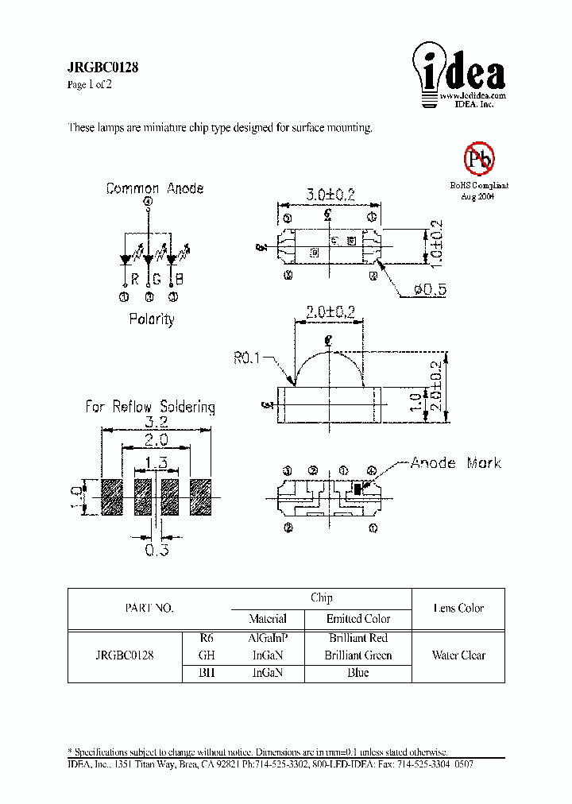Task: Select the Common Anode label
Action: (155, 189)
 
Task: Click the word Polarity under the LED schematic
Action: (151, 319)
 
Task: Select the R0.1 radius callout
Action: (248, 358)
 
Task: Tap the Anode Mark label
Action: (455, 462)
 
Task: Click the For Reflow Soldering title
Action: (150, 407)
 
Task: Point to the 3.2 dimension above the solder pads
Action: (156, 423)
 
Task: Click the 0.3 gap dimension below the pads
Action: (156, 549)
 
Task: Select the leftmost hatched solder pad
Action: (112, 498)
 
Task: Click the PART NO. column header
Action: (149, 608)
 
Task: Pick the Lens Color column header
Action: (458, 608)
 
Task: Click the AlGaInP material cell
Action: (268, 638)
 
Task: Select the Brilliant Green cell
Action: (357, 655)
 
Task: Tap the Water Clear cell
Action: (458, 655)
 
